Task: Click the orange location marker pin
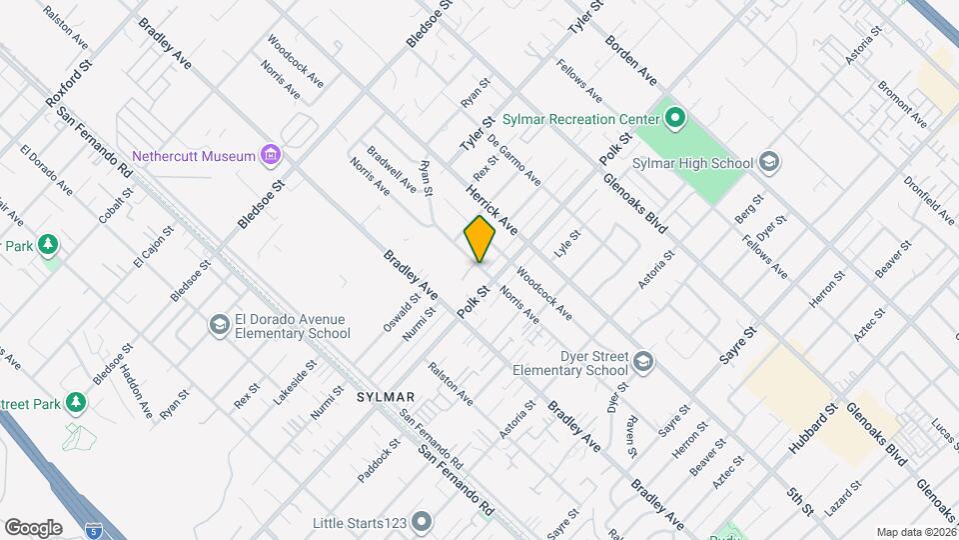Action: click(479, 238)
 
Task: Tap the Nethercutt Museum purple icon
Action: click(270, 156)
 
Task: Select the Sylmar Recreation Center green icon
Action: click(674, 120)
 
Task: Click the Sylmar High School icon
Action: click(768, 162)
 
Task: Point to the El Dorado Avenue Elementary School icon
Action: click(219, 326)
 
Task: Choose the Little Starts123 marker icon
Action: click(422, 521)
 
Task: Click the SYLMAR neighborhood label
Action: click(385, 397)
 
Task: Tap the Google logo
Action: click(33, 528)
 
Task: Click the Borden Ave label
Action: click(631, 61)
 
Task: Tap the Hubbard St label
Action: click(811, 430)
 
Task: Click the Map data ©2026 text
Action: click(916, 532)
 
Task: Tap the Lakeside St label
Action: click(296, 383)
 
